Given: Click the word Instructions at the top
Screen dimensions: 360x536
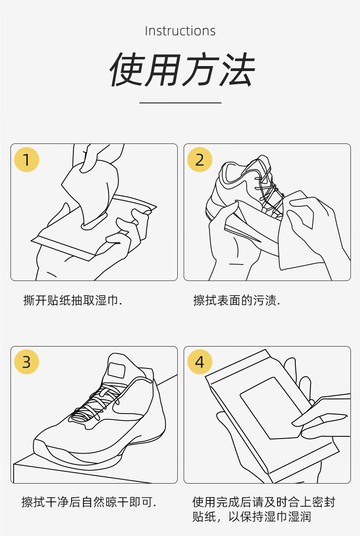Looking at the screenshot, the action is pyautogui.click(x=180, y=31).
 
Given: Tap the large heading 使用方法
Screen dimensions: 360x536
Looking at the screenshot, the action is pyautogui.click(x=182, y=70).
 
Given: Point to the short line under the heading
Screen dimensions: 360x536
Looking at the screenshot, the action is pyautogui.click(x=180, y=102).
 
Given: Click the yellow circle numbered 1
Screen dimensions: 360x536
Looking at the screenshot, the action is pyautogui.click(x=27, y=160).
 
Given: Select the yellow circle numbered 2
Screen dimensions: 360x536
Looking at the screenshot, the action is pyautogui.click(x=200, y=160).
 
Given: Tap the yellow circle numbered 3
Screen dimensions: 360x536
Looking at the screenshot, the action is pyautogui.click(x=27, y=362).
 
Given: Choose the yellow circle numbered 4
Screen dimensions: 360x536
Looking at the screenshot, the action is pyautogui.click(x=200, y=362).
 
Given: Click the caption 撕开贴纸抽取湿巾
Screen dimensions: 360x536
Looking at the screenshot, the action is pyautogui.click(x=72, y=301).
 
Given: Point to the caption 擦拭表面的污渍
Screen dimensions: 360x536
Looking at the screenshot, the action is pyautogui.click(x=237, y=301).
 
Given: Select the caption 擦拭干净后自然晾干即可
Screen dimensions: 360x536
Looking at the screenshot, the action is pyautogui.click(x=89, y=502).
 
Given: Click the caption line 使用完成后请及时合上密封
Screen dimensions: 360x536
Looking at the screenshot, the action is pyautogui.click(x=263, y=502).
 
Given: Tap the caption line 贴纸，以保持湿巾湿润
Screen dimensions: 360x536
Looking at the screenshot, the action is pyautogui.click(x=252, y=516).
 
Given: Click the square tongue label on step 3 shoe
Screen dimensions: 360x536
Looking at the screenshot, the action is pyautogui.click(x=116, y=370).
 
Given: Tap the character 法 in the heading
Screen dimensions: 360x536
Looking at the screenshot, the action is pyautogui.click(x=238, y=70).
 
